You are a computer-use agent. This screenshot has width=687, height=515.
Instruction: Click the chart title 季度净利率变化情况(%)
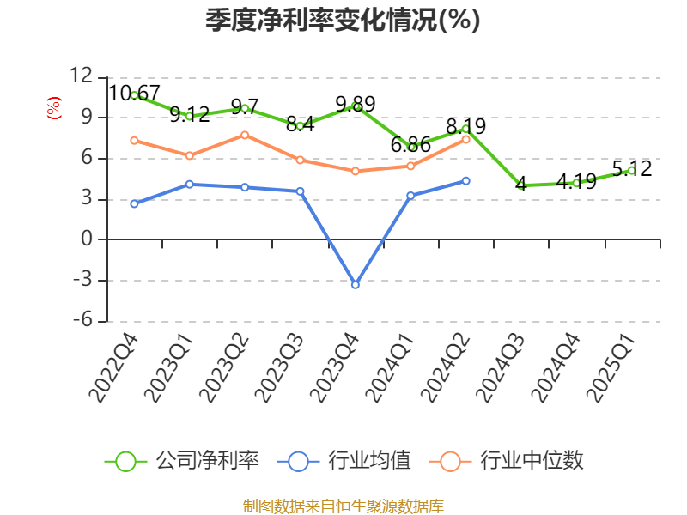click(x=343, y=21)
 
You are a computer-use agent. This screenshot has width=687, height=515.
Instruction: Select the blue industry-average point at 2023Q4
click(x=356, y=284)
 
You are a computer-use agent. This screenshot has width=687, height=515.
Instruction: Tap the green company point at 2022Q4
click(x=135, y=95)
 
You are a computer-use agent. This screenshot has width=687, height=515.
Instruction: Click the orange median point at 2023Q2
click(x=245, y=135)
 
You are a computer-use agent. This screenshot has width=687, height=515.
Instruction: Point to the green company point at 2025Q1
click(x=631, y=171)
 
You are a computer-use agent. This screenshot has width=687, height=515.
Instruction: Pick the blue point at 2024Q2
click(x=466, y=180)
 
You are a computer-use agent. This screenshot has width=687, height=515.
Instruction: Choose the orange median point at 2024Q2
click(x=466, y=139)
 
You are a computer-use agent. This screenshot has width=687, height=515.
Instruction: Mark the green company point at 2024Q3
click(x=521, y=185)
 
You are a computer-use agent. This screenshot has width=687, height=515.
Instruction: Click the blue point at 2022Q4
click(x=135, y=203)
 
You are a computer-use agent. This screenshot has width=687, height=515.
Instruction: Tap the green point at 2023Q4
click(x=356, y=106)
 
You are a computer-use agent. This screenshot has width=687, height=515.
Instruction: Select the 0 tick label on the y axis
click(x=87, y=239)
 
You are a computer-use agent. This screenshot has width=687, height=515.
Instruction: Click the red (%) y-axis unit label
click(x=54, y=108)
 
